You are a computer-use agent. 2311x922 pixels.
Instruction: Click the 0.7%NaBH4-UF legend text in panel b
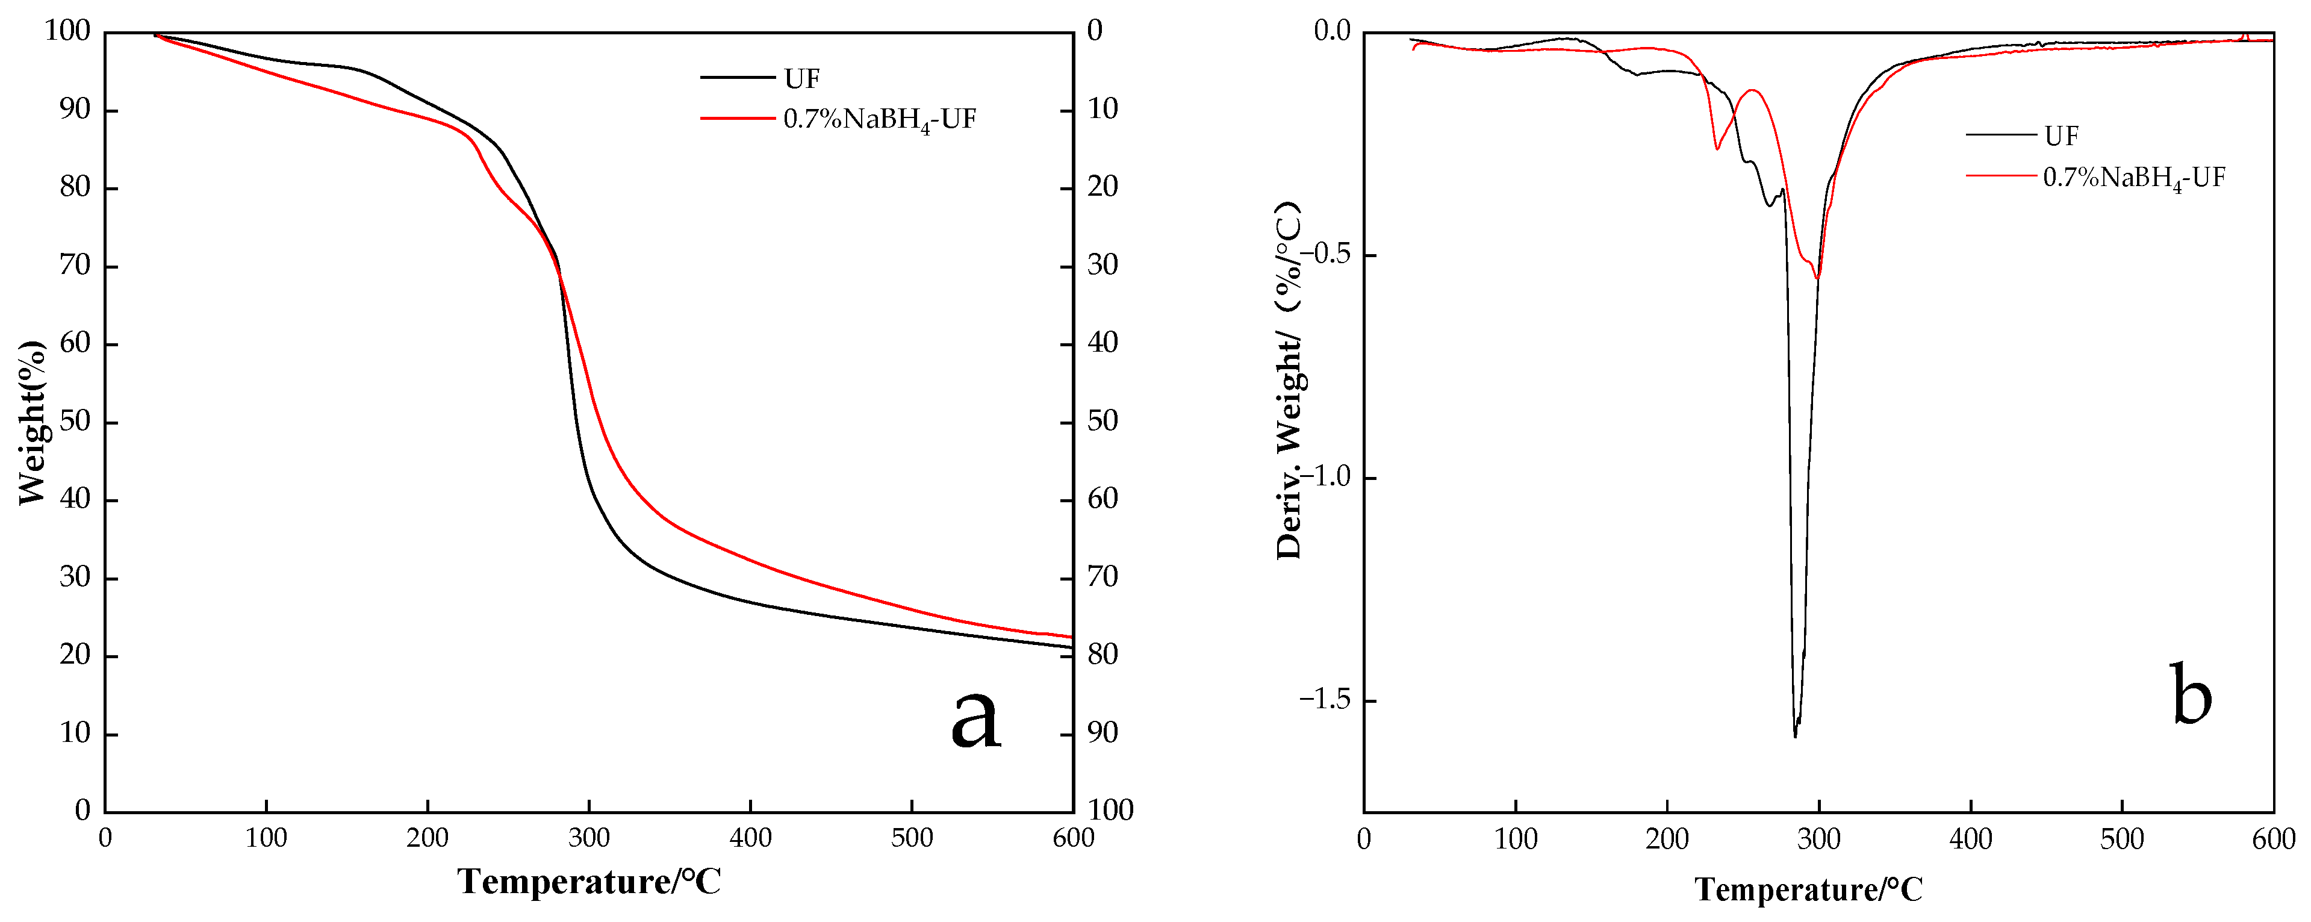(2133, 178)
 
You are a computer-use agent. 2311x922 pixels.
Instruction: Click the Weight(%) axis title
(33, 422)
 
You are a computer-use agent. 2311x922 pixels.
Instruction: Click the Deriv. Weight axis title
(1289, 381)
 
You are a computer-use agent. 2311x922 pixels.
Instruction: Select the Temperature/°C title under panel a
(589, 882)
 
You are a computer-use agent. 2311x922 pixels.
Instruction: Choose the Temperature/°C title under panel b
(1809, 889)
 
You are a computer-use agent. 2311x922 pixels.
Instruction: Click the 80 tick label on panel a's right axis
(1103, 655)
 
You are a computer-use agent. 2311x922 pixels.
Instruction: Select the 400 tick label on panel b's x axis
(1970, 840)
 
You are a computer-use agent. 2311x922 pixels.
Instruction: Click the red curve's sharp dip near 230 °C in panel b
(1717, 149)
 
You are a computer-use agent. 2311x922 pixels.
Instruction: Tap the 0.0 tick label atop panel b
(1331, 31)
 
